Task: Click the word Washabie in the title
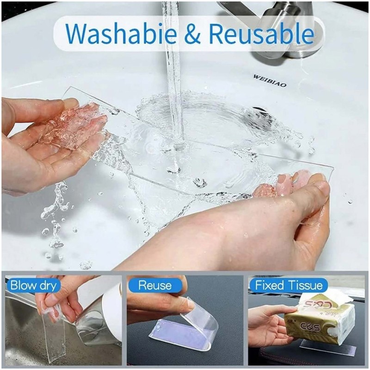click(x=121, y=33)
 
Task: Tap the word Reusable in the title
click(x=261, y=33)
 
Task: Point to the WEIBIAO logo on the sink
click(x=270, y=80)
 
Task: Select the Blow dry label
click(x=33, y=285)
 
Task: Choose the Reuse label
click(x=155, y=285)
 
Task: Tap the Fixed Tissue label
click(x=289, y=285)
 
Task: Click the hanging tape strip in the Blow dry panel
click(x=55, y=335)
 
